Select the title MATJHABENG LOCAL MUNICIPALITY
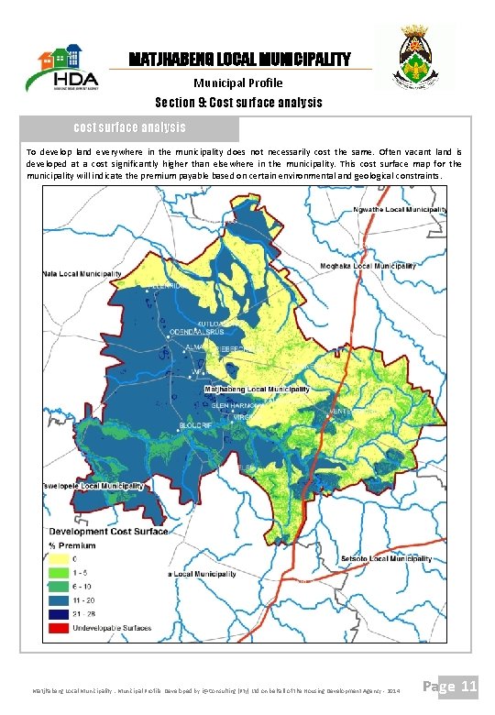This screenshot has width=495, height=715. [239, 60]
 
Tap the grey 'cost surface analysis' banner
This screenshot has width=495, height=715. [129, 127]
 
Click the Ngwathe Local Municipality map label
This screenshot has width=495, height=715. [401, 209]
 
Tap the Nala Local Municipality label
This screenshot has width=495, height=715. [82, 274]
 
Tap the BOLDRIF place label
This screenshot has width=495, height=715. [195, 426]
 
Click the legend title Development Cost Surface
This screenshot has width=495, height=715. [107, 532]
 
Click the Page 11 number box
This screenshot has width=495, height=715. [456, 685]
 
